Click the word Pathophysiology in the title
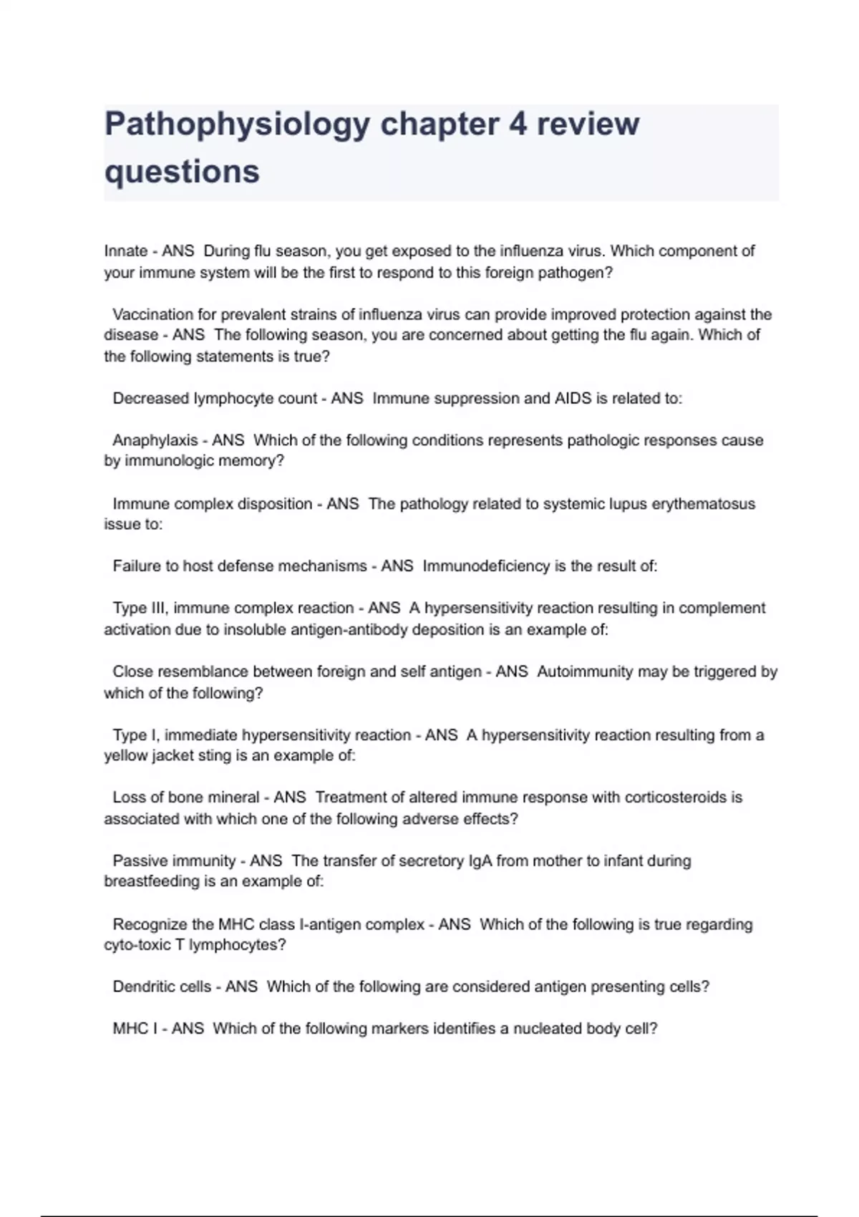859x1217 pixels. click(x=237, y=125)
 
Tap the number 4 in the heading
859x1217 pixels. click(x=518, y=125)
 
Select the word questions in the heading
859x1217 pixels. click(x=182, y=172)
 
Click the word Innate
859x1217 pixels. click(x=126, y=251)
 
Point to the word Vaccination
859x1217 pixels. click(x=152, y=314)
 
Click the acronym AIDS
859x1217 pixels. click(x=573, y=399)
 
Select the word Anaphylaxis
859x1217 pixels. click(x=155, y=440)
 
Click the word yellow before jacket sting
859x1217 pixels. click(x=126, y=756)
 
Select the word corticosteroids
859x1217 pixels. click(x=674, y=797)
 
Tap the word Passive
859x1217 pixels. click(x=138, y=861)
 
